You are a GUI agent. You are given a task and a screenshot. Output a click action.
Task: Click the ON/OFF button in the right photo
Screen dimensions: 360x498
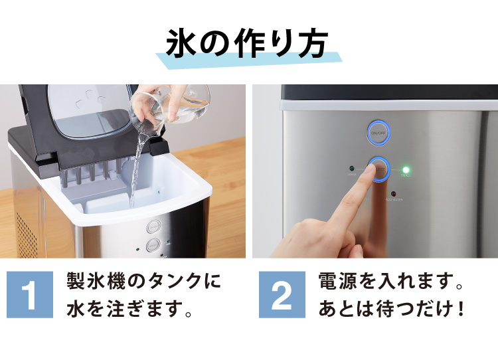pyautogui.click(x=378, y=132)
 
